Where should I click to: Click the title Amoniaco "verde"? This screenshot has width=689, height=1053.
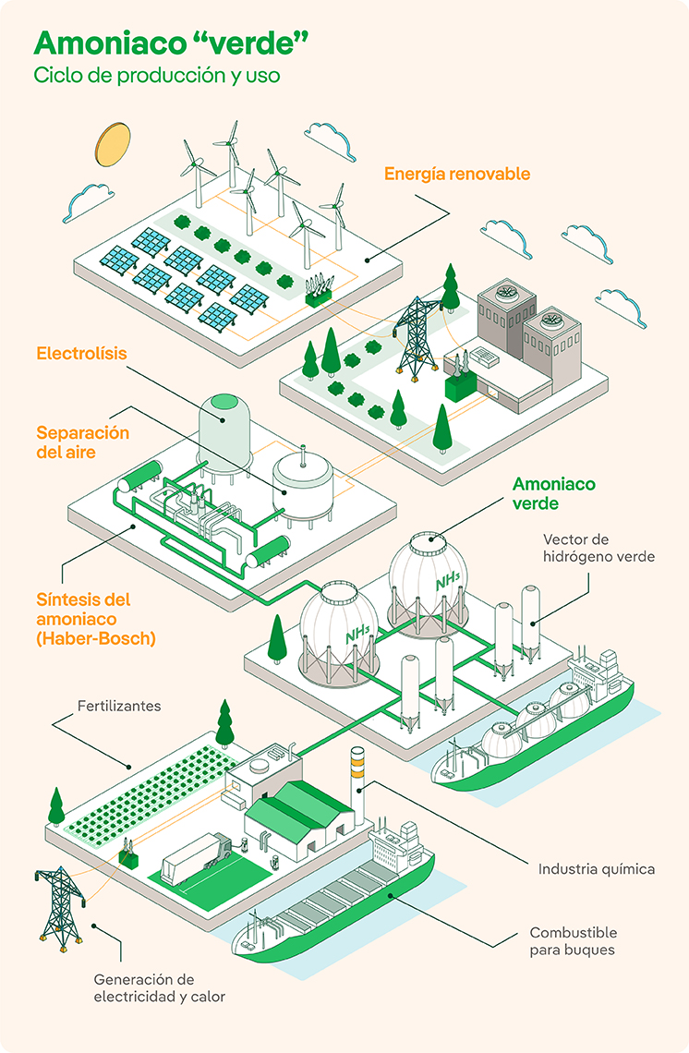click(171, 43)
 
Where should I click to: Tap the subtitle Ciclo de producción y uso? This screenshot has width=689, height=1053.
click(157, 76)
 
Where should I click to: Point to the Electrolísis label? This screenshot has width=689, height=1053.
click(81, 354)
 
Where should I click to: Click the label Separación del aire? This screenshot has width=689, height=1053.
click(83, 442)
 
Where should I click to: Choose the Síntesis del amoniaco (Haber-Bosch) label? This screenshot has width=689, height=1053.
click(96, 611)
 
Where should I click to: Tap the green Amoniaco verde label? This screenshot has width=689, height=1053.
click(554, 493)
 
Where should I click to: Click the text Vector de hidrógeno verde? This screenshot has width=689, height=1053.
click(599, 548)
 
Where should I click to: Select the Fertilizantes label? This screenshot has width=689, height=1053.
click(119, 706)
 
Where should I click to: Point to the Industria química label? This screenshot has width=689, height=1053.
click(597, 868)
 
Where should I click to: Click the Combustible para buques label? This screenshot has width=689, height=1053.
click(573, 941)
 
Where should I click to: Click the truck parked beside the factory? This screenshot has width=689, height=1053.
click(197, 858)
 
